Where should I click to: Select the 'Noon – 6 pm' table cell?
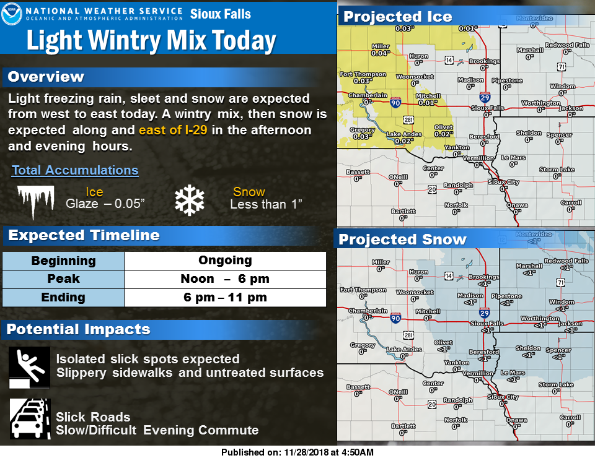coord(225,279)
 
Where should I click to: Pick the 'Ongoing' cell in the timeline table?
coord(225,261)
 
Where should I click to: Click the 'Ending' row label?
coord(63,298)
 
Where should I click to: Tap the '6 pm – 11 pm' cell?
coord(225,298)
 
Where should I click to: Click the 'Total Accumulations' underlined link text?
coord(75,170)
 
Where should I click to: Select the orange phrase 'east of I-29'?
coord(172,131)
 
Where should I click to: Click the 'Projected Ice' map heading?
coord(398,17)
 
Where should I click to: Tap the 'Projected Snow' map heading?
coord(402,239)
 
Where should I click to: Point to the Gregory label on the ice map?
coord(363,130)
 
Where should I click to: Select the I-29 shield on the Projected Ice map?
coord(485,97)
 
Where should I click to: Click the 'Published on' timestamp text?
coord(297,452)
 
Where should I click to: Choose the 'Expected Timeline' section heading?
coord(84,236)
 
